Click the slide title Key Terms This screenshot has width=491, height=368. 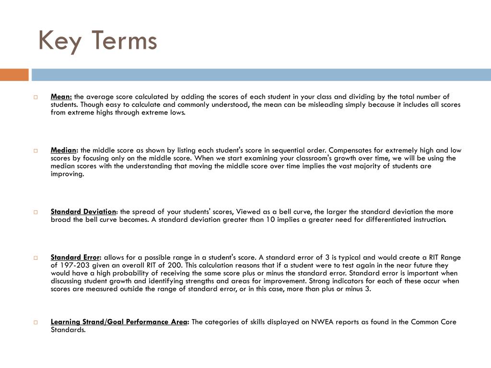coord(97,40)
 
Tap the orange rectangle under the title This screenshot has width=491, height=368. coord(14,75)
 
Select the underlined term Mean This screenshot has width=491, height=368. coord(61,96)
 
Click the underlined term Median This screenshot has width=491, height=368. coord(64,150)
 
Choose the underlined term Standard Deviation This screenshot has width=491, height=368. coord(83,211)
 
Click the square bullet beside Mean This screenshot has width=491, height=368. coord(35,97)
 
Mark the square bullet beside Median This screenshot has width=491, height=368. coord(35,150)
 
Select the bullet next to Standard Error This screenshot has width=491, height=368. coord(35,258)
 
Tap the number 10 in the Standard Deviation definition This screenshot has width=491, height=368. coord(271,219)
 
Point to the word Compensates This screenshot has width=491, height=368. coord(350,150)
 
